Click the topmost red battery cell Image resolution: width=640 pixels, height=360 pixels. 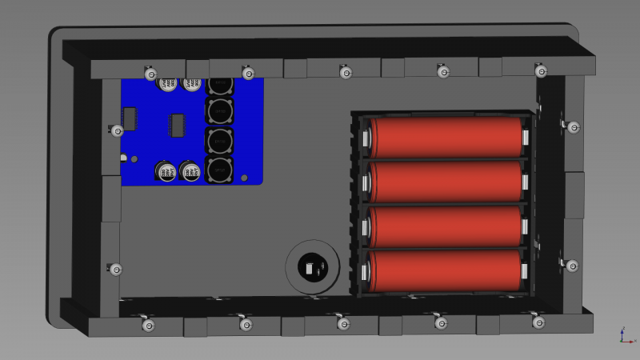[446, 138]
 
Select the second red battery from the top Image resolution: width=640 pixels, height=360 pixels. [446, 182]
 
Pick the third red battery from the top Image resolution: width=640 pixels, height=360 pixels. [446, 226]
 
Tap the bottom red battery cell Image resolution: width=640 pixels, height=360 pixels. [446, 270]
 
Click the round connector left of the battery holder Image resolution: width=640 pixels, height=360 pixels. [311, 266]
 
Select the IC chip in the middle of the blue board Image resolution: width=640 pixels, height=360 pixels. [178, 125]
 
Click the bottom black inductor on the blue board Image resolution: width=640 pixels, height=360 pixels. [220, 170]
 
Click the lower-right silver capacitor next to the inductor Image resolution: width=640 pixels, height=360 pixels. [190, 171]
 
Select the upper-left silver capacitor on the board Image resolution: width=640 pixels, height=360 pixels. [168, 84]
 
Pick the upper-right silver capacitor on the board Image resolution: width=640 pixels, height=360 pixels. [192, 84]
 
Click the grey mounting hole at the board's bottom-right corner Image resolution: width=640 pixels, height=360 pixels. [246, 178]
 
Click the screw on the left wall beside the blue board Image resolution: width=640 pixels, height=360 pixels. [117, 130]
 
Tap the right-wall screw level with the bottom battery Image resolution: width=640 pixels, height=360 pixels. [572, 265]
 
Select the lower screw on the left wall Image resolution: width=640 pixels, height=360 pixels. [115, 269]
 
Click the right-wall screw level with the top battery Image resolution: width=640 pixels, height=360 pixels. [574, 126]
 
